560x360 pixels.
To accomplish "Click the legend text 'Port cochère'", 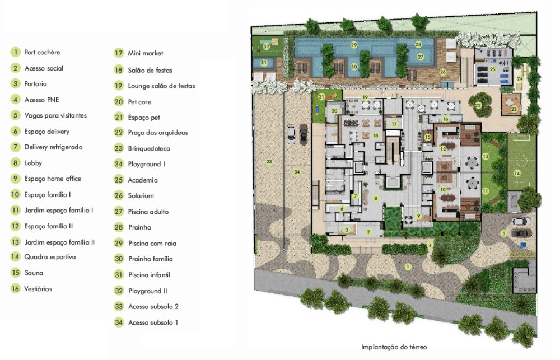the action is [x=42, y=52].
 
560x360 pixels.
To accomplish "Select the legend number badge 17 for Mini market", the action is [x=119, y=53].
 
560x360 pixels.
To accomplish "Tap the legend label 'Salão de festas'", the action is [x=150, y=71].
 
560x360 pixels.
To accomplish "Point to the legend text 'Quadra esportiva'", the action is [x=50, y=257].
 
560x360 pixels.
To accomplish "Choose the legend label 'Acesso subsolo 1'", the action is [x=153, y=322].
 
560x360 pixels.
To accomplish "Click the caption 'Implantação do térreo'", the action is [x=394, y=347].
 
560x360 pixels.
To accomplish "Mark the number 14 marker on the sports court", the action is [x=517, y=173].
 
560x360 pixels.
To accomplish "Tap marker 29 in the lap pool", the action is [x=354, y=45].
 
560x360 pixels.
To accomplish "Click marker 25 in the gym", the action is [x=493, y=69].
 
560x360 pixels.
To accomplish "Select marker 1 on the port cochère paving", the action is [x=408, y=267].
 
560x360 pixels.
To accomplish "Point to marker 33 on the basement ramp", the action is [x=269, y=162].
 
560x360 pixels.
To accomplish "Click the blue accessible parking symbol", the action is [x=523, y=245].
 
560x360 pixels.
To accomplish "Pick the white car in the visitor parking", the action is [x=521, y=222].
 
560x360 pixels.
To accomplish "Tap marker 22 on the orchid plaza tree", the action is [x=478, y=105].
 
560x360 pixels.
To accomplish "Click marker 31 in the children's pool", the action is [x=264, y=63].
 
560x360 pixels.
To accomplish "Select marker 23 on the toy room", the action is [x=514, y=109].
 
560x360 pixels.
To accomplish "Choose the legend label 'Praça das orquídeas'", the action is [x=158, y=133].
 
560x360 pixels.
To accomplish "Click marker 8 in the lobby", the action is [x=375, y=198].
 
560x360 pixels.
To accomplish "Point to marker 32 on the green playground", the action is [x=267, y=46].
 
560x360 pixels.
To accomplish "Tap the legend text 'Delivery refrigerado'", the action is [x=53, y=147].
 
